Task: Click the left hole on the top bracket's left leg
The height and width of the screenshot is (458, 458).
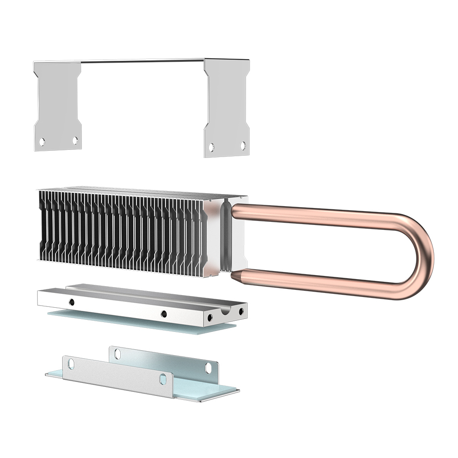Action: [42, 142]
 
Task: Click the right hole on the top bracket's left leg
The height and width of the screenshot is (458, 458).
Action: [75, 140]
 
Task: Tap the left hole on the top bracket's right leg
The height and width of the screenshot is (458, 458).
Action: [212, 147]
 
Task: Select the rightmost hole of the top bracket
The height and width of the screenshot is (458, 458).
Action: [243, 145]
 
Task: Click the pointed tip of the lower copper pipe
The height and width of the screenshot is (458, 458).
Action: [234, 275]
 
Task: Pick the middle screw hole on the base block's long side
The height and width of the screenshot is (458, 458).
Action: [164, 314]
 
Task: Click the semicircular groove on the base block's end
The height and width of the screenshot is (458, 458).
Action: [226, 311]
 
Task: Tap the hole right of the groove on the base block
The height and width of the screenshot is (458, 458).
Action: [241, 311]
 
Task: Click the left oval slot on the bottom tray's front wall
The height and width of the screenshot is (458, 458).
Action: [71, 365]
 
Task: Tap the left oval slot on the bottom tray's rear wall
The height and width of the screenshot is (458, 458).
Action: [117, 354]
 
